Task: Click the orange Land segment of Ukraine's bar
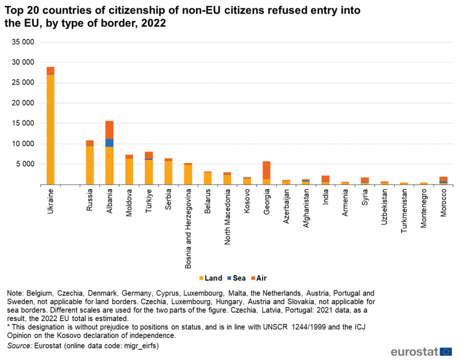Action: point(50,129)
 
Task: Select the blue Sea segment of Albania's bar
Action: point(109,143)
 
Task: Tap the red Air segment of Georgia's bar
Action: point(266,170)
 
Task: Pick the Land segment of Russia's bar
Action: point(90,165)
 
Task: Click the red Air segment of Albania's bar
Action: point(109,129)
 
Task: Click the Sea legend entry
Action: point(238,278)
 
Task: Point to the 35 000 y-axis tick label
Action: point(23,42)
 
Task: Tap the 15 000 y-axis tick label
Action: point(23,123)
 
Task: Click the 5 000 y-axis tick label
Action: point(26,164)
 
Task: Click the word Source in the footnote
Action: point(20,346)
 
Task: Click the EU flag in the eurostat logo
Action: point(446,352)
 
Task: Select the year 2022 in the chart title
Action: point(153,23)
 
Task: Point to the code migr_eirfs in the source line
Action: point(140,346)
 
